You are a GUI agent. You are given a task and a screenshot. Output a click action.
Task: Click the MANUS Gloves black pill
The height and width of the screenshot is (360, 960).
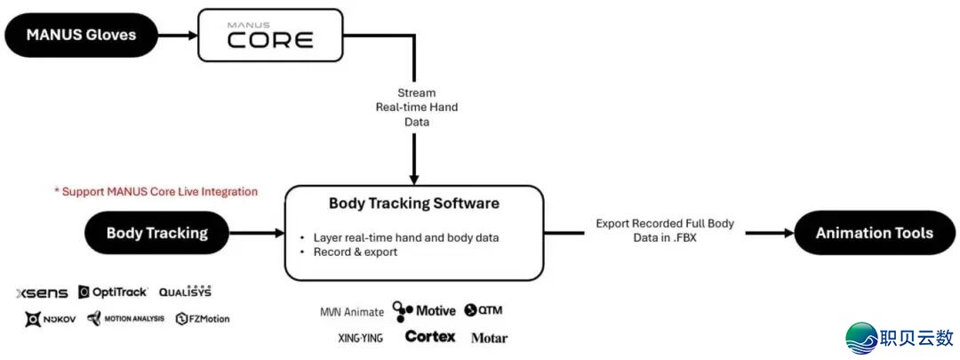tap(82, 36)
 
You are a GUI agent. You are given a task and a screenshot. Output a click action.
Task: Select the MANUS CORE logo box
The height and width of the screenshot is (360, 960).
tap(269, 36)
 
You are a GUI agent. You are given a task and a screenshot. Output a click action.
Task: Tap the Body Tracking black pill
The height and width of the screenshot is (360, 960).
tap(156, 234)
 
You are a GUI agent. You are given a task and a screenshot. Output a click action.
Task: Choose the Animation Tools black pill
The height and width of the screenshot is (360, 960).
tap(874, 233)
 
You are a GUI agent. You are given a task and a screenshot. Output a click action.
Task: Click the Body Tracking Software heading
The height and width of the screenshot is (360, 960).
tap(413, 204)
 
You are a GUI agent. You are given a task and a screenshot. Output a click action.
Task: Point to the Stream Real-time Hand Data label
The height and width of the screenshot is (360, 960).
tap(416, 107)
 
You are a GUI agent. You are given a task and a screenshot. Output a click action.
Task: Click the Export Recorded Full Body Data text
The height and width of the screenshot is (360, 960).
tap(664, 231)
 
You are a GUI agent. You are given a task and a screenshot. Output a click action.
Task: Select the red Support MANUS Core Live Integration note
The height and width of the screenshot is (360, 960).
tap(156, 191)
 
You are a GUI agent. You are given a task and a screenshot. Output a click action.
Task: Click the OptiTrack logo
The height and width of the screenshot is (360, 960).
tap(113, 292)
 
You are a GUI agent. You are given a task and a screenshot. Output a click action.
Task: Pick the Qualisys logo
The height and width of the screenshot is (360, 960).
tap(185, 292)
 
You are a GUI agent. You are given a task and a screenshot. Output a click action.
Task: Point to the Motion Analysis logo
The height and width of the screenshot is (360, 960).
tap(126, 319)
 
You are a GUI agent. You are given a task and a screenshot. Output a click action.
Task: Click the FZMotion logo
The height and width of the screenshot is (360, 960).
tap(203, 319)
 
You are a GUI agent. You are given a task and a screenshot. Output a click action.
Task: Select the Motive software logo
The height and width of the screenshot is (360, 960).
tap(424, 310)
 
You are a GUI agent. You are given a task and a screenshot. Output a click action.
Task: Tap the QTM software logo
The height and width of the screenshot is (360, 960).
tap(484, 310)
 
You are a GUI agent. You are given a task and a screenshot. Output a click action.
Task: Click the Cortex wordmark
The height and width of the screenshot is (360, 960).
tap(429, 337)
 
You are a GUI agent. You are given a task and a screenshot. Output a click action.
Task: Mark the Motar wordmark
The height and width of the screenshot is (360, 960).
tap(489, 338)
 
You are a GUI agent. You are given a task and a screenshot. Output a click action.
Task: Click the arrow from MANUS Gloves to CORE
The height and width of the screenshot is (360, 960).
tap(179, 36)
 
